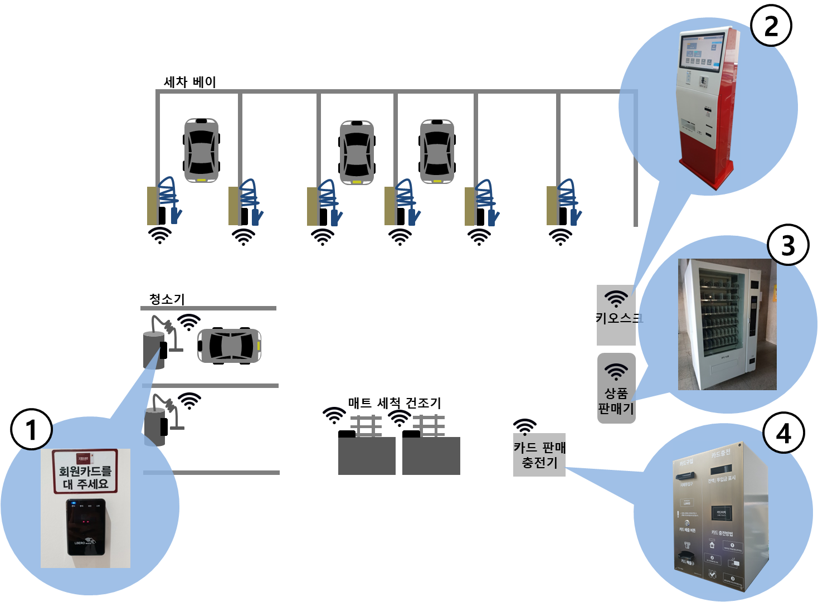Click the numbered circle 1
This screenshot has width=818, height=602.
(x=31, y=429)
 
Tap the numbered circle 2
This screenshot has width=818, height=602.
(x=771, y=26)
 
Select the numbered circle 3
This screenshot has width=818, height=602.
(x=788, y=245)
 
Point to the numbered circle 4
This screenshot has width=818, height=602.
(x=783, y=433)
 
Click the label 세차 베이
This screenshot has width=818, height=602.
(x=189, y=82)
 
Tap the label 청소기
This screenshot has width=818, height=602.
(x=167, y=299)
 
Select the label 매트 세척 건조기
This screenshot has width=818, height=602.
(x=394, y=402)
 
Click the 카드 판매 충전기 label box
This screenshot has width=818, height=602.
(x=539, y=455)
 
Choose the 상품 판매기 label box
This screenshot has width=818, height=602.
(x=616, y=400)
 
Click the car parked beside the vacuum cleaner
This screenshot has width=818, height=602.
(x=230, y=346)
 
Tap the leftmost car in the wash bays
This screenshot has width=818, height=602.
(x=201, y=150)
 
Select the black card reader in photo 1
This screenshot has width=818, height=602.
(x=86, y=527)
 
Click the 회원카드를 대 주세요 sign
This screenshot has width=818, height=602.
(x=85, y=472)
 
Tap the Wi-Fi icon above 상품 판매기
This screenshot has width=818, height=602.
(x=616, y=371)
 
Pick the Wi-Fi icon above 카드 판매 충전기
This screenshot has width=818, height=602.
(x=525, y=426)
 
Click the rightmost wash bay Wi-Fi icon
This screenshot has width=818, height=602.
(x=561, y=237)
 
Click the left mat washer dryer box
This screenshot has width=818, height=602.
(x=367, y=455)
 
